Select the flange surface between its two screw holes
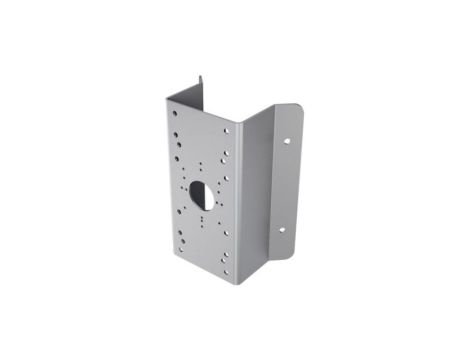[x=285, y=185]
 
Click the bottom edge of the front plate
[x=204, y=277]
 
